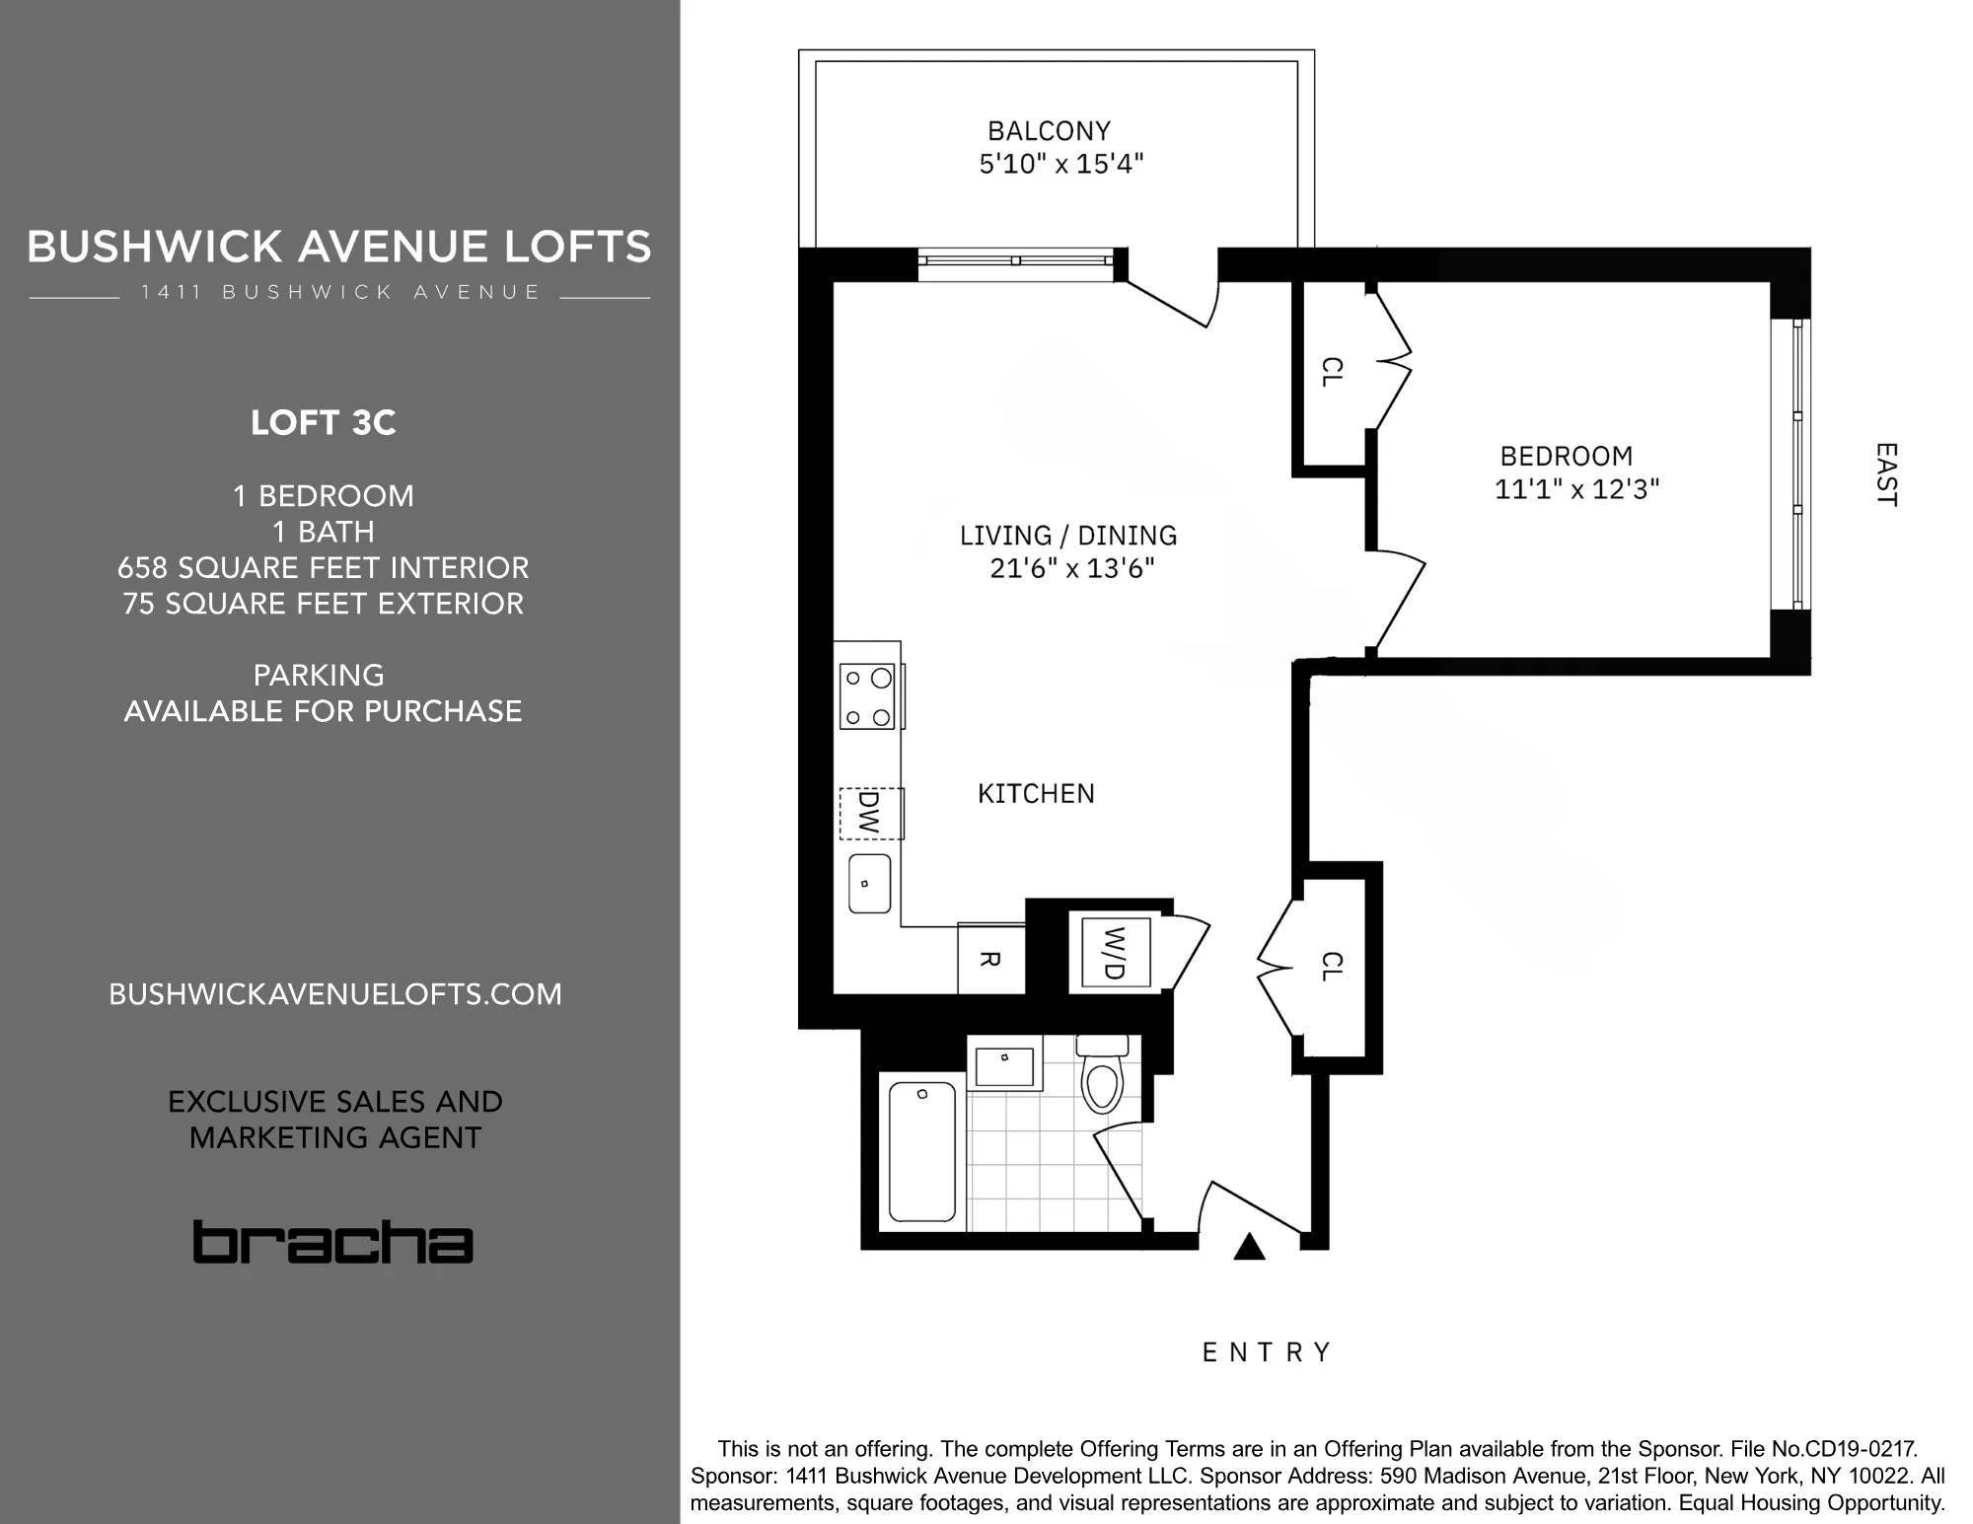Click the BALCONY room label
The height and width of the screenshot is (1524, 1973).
[x=1049, y=131]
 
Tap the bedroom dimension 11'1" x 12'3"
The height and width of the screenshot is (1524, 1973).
[x=1576, y=489]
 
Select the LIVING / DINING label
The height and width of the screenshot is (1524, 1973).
[x=1068, y=536]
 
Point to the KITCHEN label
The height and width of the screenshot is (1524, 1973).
[x=1036, y=794]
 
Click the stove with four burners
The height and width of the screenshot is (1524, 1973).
[x=867, y=697]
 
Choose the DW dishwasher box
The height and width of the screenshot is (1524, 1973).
[x=870, y=813]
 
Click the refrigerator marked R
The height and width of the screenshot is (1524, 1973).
[x=990, y=959]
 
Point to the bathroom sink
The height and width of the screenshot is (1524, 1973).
[x=1003, y=1065]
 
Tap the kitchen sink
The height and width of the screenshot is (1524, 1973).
[x=869, y=884]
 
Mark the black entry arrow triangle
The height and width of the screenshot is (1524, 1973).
[x=1250, y=1248]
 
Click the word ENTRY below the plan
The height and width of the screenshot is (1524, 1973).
[x=1267, y=1352]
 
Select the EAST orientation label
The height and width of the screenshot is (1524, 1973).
[x=1885, y=474]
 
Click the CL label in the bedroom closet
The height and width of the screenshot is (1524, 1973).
[x=1331, y=372]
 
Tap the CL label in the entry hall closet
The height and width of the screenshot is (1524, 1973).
[x=1331, y=967]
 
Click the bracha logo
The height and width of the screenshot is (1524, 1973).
[x=332, y=1242]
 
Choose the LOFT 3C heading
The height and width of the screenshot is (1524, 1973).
[x=323, y=423]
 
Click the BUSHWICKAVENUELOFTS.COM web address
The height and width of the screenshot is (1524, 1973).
[x=334, y=994]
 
